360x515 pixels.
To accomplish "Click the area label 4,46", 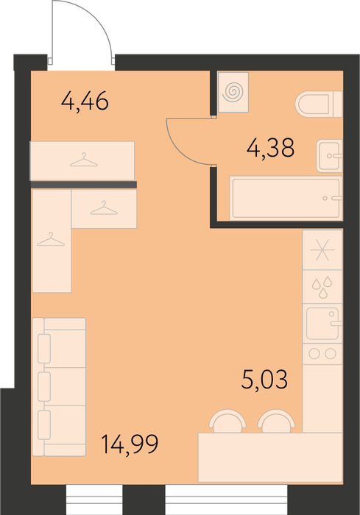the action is click(85, 102).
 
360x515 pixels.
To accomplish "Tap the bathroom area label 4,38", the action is click(271, 148).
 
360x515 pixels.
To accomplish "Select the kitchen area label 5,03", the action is click(264, 380).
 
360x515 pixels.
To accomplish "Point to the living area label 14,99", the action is click(130, 444).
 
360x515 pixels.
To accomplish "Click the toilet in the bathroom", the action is click(319, 104).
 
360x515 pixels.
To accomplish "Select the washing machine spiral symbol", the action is click(233, 92).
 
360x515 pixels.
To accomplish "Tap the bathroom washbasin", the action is click(329, 156).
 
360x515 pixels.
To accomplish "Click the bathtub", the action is click(286, 198).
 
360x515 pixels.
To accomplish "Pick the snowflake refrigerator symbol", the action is click(322, 250).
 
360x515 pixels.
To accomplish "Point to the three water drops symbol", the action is click(322, 288).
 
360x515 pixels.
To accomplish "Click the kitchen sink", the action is click(323, 324).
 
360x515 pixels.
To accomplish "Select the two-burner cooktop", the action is click(322, 354).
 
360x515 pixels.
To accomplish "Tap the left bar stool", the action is click(228, 421).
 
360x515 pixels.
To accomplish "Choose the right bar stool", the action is click(277, 421).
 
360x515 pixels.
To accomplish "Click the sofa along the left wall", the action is click(59, 387).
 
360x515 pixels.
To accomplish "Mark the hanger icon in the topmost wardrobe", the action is click(84, 160).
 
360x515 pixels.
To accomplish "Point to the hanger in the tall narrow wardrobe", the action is click(51, 239).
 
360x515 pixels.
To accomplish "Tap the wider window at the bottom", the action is click(226, 500).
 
